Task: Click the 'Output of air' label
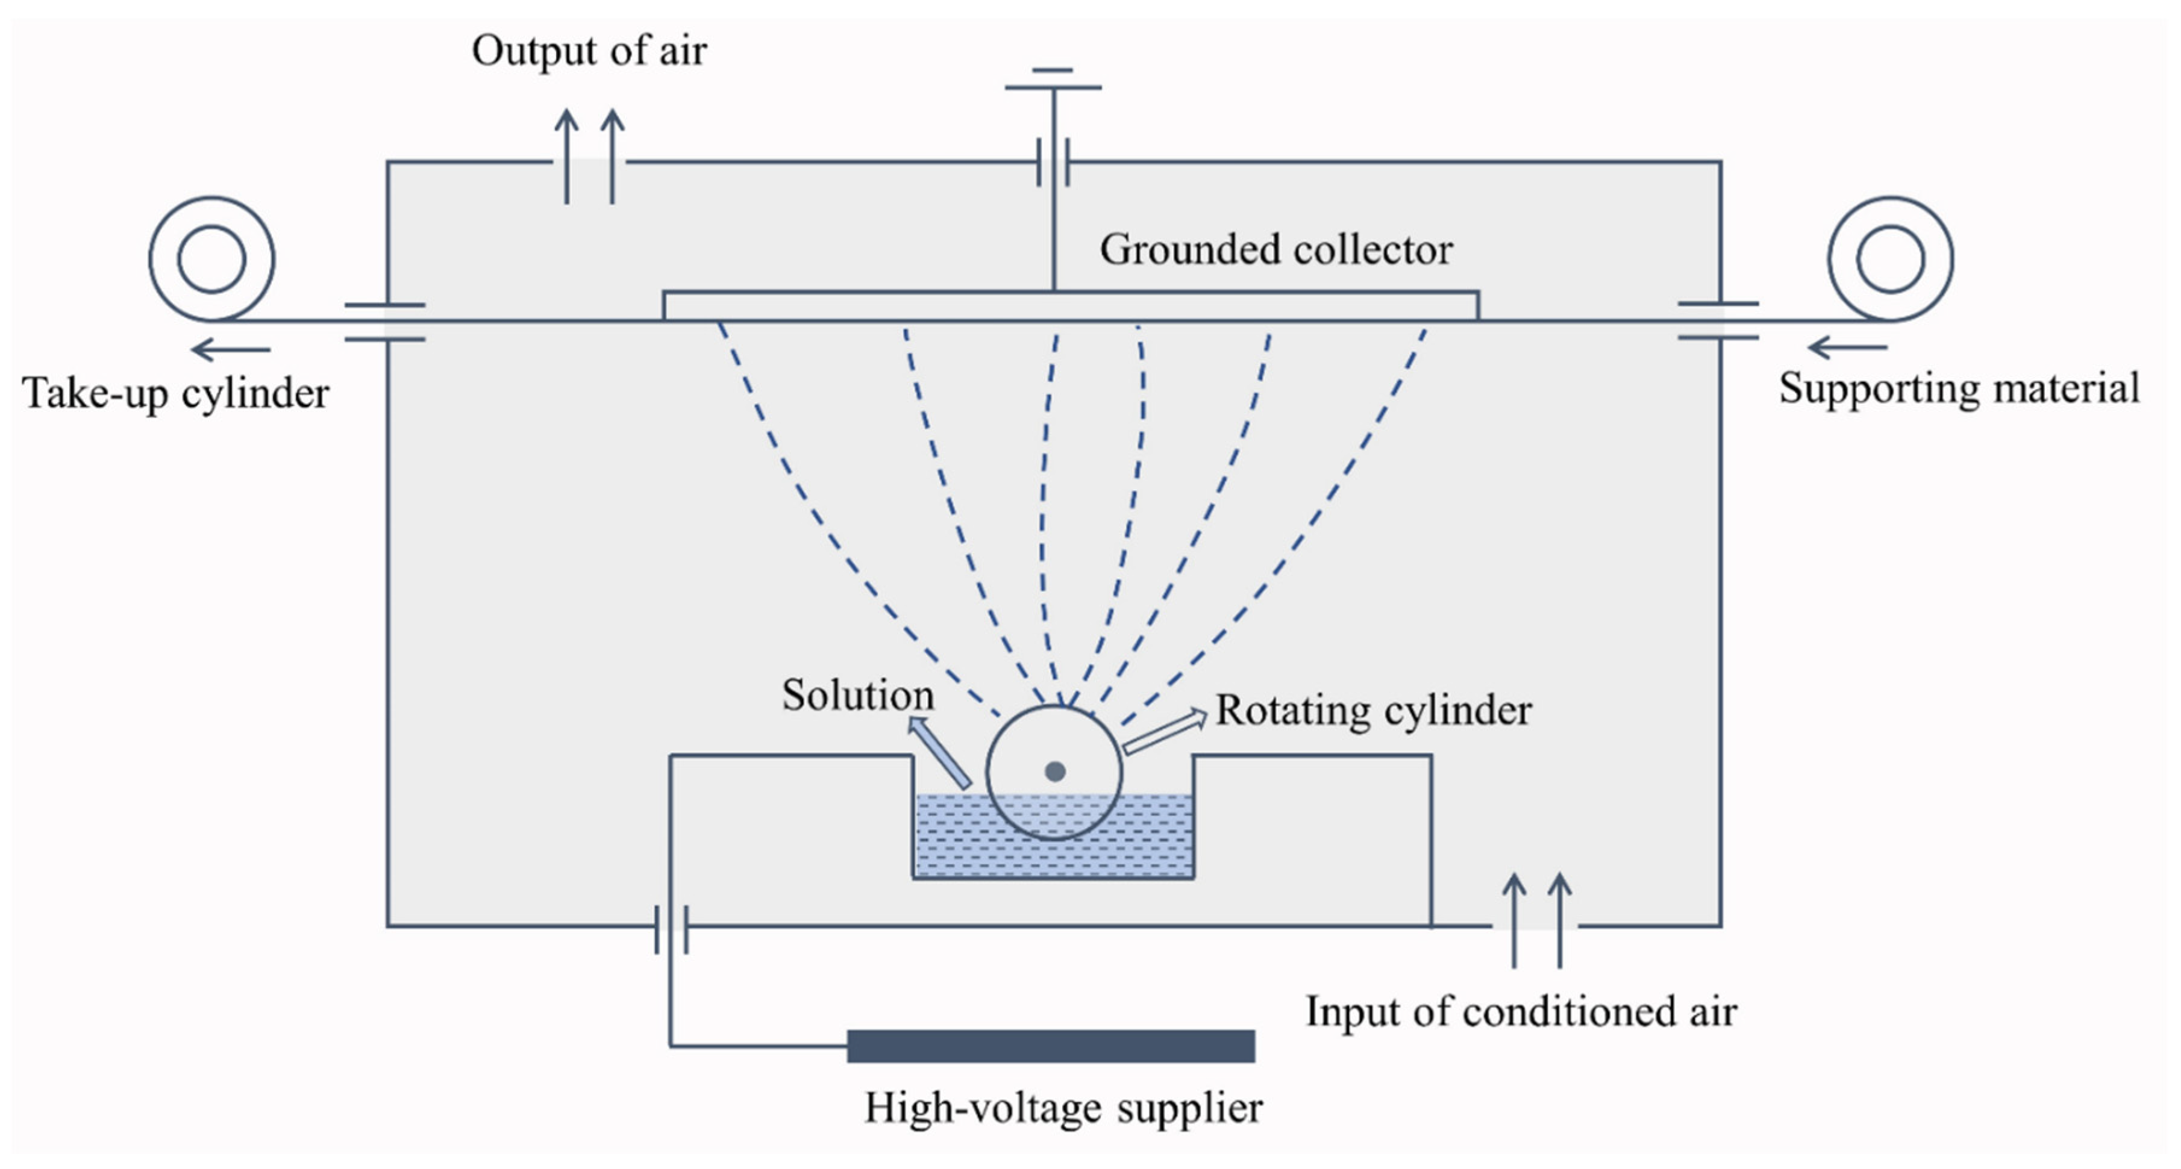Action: [589, 51]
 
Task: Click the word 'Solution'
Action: [857, 695]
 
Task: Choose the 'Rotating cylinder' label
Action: [1372, 710]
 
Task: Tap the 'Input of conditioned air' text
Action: [1521, 1012]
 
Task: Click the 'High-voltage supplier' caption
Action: [1063, 1108]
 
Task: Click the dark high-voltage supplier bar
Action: [1050, 1046]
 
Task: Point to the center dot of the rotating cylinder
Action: [1054, 771]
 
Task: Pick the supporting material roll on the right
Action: [1890, 259]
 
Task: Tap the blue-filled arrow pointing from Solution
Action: [940, 752]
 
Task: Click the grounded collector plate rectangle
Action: [1070, 305]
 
